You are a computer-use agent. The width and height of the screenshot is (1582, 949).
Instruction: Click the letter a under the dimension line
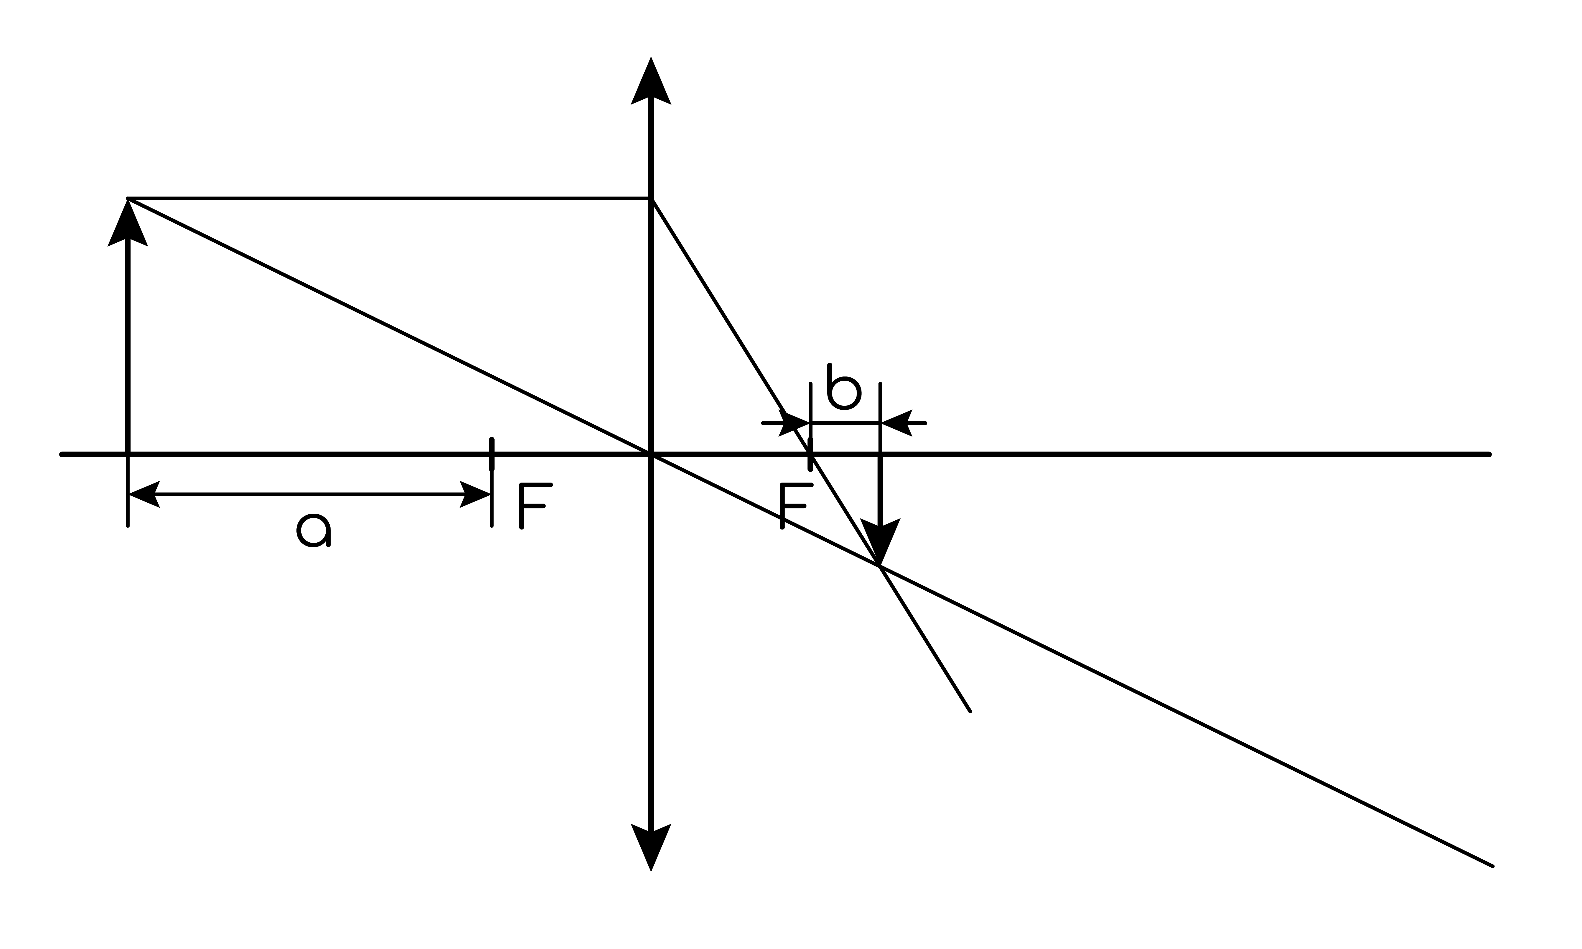(x=313, y=531)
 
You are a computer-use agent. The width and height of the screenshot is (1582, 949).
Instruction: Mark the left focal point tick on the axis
(x=492, y=455)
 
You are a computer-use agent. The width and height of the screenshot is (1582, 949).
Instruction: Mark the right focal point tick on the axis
(x=810, y=455)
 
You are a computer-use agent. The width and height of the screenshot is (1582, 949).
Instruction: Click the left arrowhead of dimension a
(x=144, y=494)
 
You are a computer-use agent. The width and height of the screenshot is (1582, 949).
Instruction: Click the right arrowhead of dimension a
(x=475, y=494)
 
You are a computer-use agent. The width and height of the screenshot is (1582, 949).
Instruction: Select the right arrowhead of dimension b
(x=897, y=423)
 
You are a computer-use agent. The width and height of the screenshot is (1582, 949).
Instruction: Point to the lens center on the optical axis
(x=651, y=455)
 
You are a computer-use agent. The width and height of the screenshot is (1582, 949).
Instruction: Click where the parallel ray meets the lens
(x=651, y=199)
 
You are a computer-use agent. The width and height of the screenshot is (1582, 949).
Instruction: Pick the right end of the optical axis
(x=1489, y=455)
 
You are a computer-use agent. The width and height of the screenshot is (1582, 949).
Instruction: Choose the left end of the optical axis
(x=61, y=455)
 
